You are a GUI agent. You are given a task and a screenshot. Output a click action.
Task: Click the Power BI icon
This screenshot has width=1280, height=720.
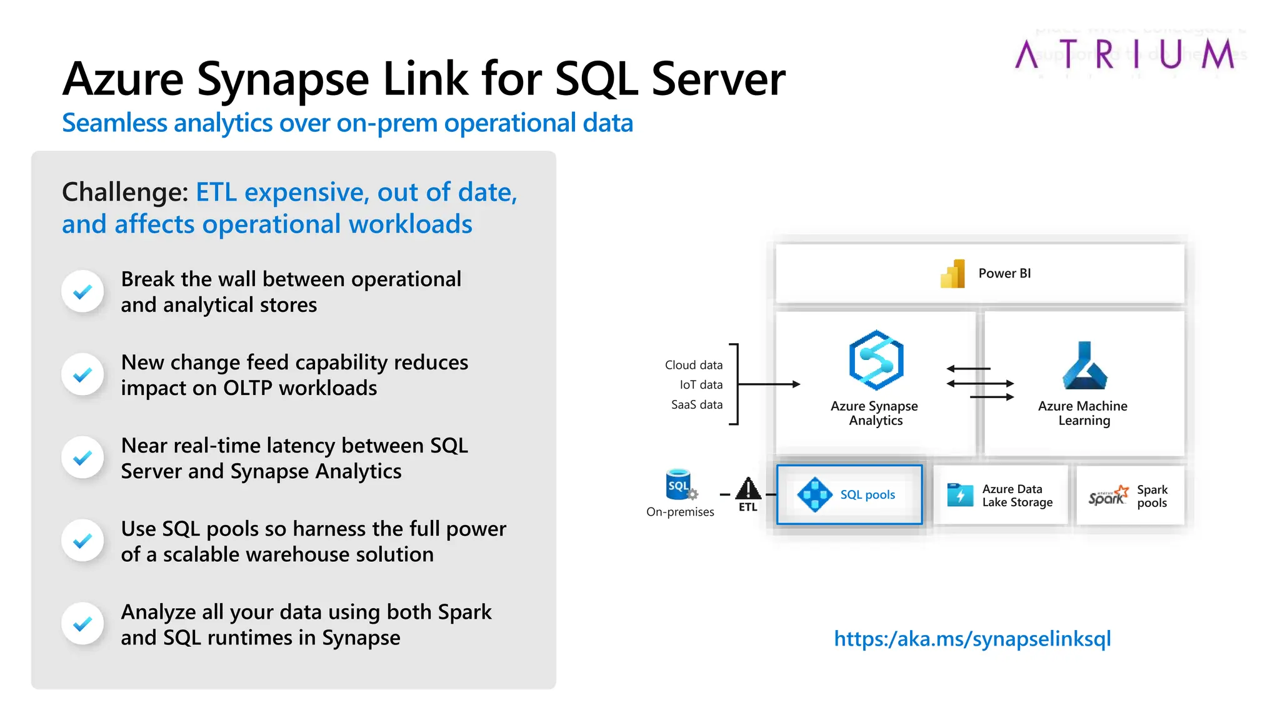(952, 274)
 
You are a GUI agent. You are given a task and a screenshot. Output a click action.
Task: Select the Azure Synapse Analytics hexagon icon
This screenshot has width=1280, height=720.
(876, 361)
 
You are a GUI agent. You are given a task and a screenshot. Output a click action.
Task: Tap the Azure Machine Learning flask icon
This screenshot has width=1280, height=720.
(1084, 366)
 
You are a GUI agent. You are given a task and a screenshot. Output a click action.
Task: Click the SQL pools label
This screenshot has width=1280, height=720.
(867, 495)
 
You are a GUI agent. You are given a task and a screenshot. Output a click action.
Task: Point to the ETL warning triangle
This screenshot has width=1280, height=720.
(747, 489)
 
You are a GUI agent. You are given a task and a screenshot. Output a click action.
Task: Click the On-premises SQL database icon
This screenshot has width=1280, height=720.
(679, 485)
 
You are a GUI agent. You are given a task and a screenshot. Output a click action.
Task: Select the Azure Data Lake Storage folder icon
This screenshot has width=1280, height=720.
(960, 495)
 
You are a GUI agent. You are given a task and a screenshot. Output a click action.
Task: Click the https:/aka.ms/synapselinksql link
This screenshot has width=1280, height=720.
(972, 639)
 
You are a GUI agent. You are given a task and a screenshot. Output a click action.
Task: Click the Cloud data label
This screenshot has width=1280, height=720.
(693, 365)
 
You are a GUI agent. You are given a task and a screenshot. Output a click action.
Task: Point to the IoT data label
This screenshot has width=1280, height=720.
(701, 385)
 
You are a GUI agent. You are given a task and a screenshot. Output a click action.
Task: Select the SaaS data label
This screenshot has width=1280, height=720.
(696, 405)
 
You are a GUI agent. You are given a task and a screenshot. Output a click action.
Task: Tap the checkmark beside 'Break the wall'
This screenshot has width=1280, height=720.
(82, 292)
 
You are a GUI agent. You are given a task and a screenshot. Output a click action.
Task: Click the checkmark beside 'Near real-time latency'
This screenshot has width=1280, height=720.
(82, 458)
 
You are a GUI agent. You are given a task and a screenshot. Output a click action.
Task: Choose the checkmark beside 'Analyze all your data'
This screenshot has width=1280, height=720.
(82, 624)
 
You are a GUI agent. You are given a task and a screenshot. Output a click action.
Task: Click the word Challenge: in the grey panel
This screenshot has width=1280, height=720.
(125, 192)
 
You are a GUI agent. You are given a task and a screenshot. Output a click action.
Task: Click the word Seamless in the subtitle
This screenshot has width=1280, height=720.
(114, 123)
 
